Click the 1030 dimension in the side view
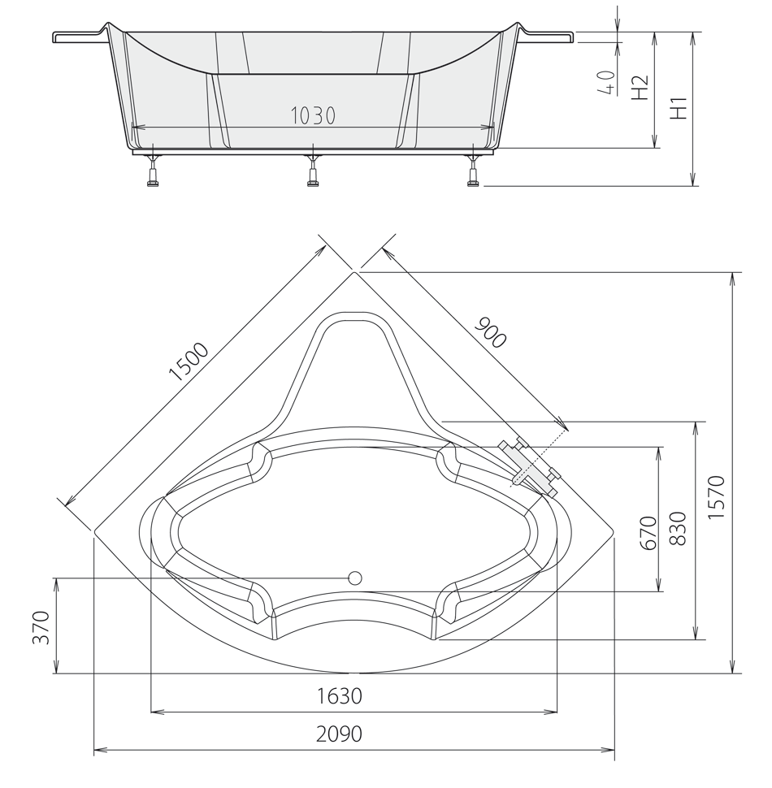(313, 116)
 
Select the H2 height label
(640, 88)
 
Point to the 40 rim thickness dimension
(607, 82)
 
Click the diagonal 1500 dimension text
(189, 362)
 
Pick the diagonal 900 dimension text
(490, 332)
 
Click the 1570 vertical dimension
(717, 497)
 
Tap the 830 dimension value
(678, 529)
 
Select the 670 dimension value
(648, 533)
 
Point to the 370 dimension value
(41, 627)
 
